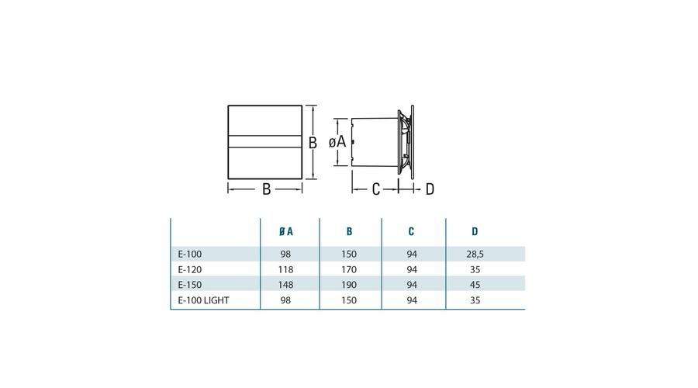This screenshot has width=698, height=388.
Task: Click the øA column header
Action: pyautogui.click(x=285, y=231)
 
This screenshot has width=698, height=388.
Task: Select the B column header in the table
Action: pyautogui.click(x=349, y=231)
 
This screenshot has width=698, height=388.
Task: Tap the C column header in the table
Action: pyautogui.click(x=411, y=231)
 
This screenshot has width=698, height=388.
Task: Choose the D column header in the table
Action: pyautogui.click(x=475, y=231)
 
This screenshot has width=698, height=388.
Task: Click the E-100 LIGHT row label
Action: pyautogui.click(x=203, y=300)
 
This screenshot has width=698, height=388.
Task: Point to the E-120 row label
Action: pyautogui.click(x=190, y=269)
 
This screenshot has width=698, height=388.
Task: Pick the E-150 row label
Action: pyautogui.click(x=190, y=285)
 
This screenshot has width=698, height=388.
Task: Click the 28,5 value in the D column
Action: pyautogui.click(x=475, y=255)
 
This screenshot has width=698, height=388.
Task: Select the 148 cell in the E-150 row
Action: pyautogui.click(x=285, y=285)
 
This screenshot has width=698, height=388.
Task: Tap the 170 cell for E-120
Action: pyautogui.click(x=349, y=269)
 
